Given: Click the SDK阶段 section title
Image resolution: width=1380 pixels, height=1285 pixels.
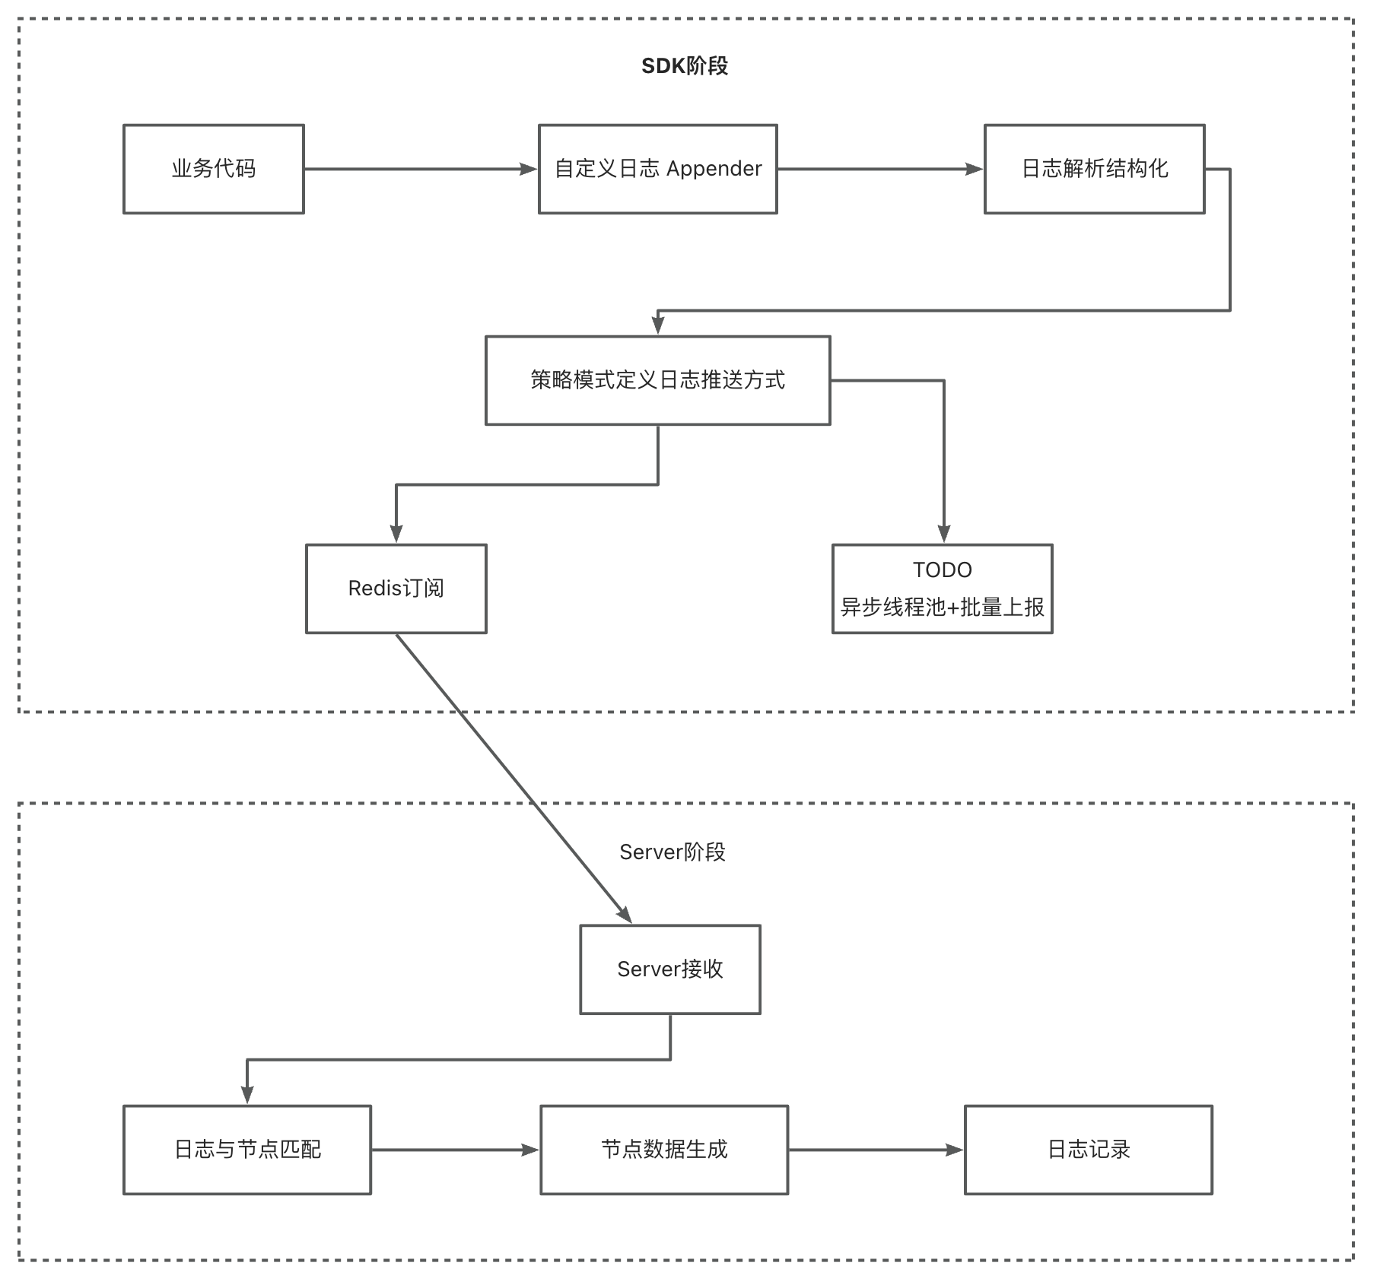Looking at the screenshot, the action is pyautogui.click(x=685, y=66).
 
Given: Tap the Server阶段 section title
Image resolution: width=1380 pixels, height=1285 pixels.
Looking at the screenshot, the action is pyautogui.click(x=673, y=852).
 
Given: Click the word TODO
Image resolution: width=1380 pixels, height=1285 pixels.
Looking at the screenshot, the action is pyautogui.click(x=943, y=570).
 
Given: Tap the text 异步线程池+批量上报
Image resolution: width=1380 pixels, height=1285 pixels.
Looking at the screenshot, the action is pyautogui.click(x=943, y=607).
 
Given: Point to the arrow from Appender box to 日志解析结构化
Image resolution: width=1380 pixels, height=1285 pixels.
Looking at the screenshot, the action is pyautogui.click(x=881, y=169).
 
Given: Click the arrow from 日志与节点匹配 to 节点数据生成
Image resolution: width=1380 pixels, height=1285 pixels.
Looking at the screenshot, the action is pyautogui.click(x=456, y=1150).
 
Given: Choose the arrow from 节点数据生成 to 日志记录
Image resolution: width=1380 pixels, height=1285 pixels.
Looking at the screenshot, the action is pyautogui.click(x=876, y=1150).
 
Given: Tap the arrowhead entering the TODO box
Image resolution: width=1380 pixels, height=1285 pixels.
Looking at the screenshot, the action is pyautogui.click(x=944, y=534).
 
